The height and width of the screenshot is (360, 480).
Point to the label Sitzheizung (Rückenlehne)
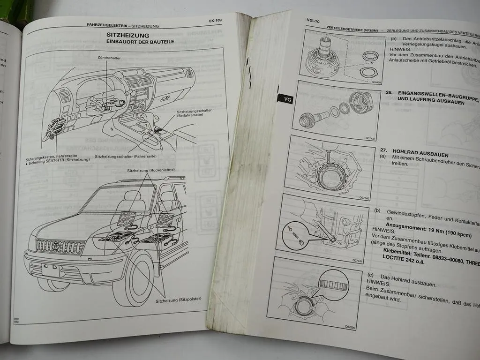tap(149, 171)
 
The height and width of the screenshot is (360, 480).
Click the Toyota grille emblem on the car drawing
tap(60, 246)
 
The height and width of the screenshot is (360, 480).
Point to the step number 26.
tap(389, 93)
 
